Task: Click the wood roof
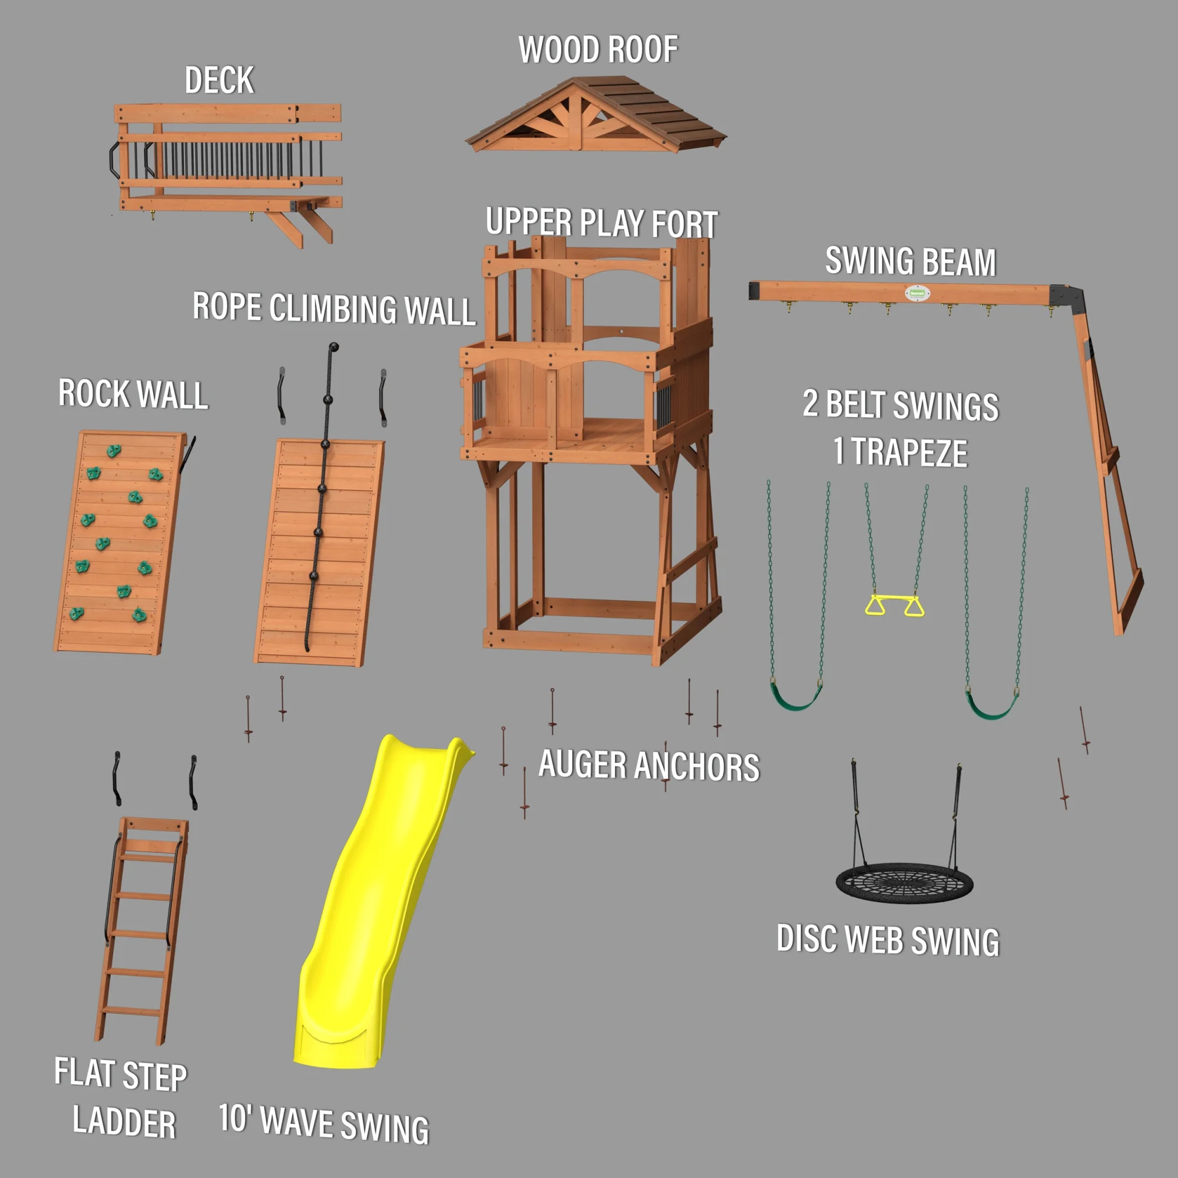click(596, 115)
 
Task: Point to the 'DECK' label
click(220, 81)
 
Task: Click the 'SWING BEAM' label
click(911, 261)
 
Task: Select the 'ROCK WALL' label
click(133, 393)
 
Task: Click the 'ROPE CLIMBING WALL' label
click(333, 308)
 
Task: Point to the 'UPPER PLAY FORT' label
click(602, 223)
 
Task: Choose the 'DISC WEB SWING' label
click(888, 939)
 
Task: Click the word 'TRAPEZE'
click(909, 452)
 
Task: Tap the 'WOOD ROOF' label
click(598, 49)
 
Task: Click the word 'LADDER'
click(124, 1123)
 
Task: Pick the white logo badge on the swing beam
click(917, 293)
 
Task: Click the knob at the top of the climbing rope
click(333, 348)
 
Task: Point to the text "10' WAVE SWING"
click(324, 1124)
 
